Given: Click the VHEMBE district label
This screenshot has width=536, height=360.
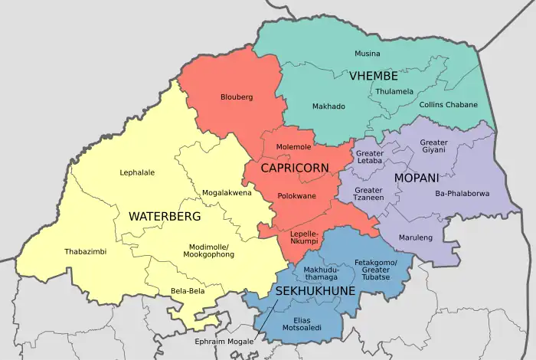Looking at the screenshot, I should (x=374, y=76).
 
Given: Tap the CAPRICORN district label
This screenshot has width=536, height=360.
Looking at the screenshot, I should (x=295, y=168).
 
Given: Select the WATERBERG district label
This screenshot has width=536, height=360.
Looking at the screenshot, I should (x=164, y=217).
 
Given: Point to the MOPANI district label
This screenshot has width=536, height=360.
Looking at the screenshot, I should (x=417, y=178).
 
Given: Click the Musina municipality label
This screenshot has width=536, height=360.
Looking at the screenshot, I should (x=367, y=54).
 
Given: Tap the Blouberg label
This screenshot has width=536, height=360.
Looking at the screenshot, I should (x=236, y=97).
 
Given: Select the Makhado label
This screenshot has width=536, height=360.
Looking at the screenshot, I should (x=328, y=106).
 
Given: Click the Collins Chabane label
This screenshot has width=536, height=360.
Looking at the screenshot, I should (x=448, y=105).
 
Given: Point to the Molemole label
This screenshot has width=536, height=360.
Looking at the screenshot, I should (x=294, y=146).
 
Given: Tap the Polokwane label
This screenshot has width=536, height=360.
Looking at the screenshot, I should (x=296, y=196).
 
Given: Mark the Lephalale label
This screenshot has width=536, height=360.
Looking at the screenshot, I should (x=137, y=172).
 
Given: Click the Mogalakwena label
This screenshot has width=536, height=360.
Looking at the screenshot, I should (x=227, y=193).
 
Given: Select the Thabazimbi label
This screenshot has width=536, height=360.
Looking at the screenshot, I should (x=86, y=251).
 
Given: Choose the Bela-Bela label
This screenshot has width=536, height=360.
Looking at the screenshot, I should (x=187, y=291).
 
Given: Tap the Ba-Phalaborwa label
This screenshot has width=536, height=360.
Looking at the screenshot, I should (x=461, y=193).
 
